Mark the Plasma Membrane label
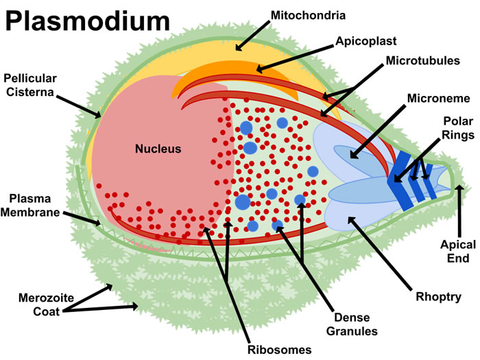(x=34, y=205)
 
